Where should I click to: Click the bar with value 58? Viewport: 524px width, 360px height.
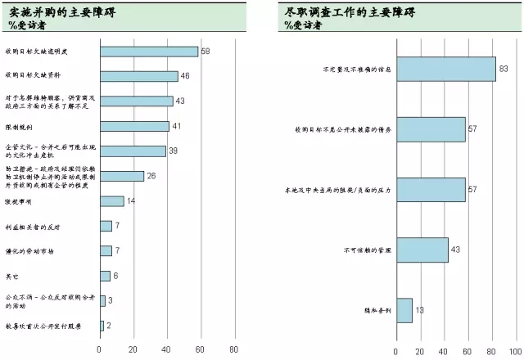pos(148,52)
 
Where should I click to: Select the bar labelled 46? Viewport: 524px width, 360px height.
pos(138,76)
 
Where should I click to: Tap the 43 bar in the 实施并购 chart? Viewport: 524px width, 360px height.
pos(136,101)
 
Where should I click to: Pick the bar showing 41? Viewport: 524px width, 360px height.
pos(134,126)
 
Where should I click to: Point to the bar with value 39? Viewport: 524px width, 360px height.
pos(133,151)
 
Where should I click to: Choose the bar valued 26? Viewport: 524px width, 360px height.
pos(122,176)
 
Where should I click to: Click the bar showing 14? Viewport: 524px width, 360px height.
pos(111,201)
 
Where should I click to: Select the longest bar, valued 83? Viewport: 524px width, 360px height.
pos(445,70)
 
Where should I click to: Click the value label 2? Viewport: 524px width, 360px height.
pos(108,326)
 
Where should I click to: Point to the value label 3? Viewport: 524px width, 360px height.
pos(110,301)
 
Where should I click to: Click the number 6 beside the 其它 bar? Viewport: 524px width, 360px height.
pos(115,276)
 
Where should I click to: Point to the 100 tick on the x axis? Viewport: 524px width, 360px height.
pos(514,351)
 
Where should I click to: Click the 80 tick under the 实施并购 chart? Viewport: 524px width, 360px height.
pos(234,349)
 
